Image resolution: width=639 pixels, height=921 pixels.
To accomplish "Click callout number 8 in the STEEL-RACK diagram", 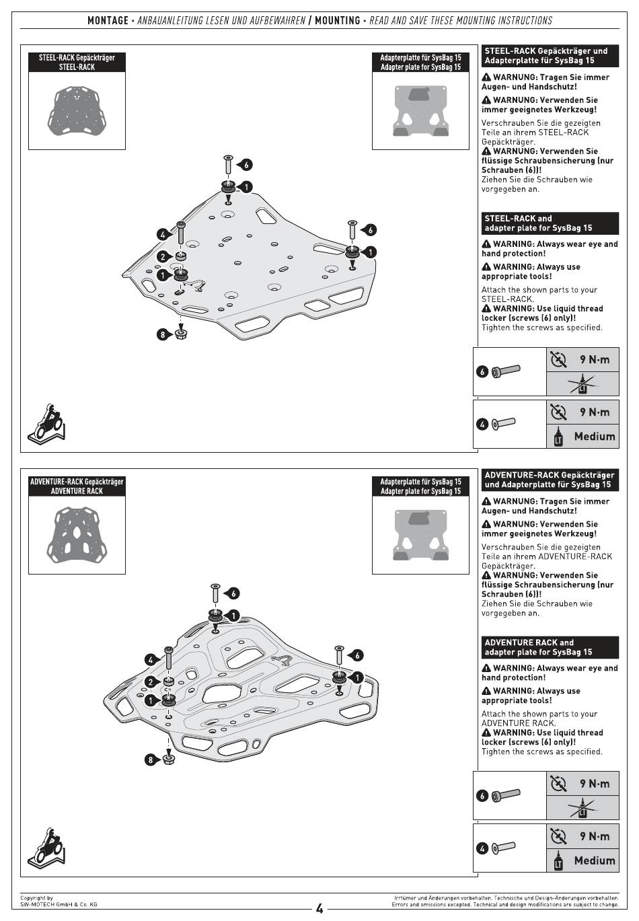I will click(x=162, y=334).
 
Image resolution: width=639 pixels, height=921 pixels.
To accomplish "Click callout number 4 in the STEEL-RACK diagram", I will click(x=163, y=235).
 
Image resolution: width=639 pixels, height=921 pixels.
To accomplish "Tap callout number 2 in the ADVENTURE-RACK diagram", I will click(x=151, y=682).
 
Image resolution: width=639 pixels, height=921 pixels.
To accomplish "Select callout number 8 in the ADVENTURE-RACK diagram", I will click(x=151, y=760).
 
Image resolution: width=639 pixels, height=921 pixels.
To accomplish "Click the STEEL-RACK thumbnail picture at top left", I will click(x=77, y=110).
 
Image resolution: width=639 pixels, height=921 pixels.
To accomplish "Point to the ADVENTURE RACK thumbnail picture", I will click(x=77, y=533).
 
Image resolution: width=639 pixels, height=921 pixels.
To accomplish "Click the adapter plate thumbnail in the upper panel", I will click(x=420, y=110).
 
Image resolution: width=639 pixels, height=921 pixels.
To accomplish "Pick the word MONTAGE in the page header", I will click(x=108, y=20).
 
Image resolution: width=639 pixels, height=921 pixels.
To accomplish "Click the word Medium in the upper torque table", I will click(x=595, y=437).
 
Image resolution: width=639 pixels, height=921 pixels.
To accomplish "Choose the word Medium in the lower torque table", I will click(x=595, y=860).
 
